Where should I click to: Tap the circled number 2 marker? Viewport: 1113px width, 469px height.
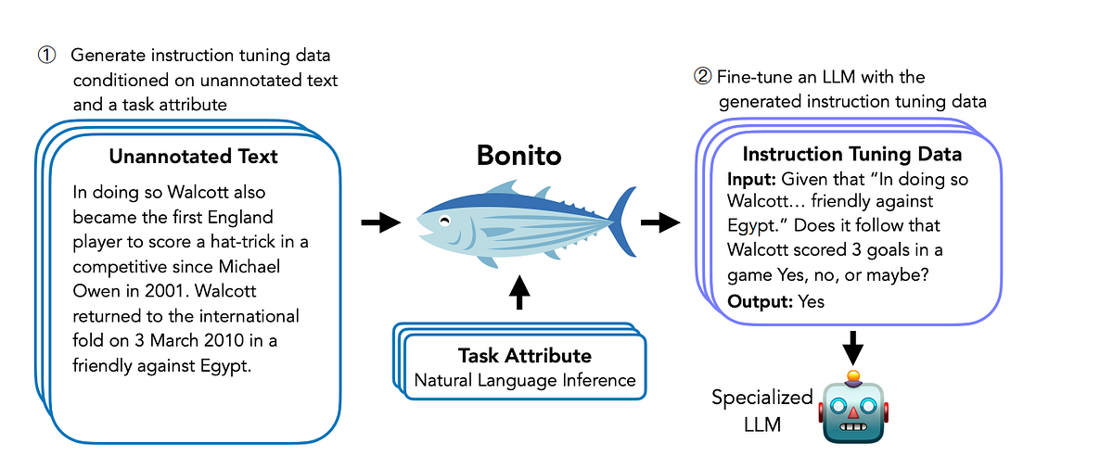point(702,77)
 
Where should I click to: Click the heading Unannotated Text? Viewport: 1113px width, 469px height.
point(193,157)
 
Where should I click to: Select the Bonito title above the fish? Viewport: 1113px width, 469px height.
point(518,155)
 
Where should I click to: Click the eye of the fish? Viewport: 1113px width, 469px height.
point(445,222)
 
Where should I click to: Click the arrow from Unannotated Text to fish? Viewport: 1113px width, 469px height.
point(379,222)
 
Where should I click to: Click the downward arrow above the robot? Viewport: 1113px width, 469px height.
point(852,349)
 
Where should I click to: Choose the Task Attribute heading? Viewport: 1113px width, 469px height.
point(524,356)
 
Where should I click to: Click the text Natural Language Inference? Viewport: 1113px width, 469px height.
point(524,379)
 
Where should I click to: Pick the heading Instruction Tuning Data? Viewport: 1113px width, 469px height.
point(852,154)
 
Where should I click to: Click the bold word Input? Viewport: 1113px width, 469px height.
point(752,176)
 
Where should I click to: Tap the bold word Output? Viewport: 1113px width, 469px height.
point(761,301)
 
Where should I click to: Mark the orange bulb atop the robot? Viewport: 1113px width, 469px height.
point(852,377)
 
